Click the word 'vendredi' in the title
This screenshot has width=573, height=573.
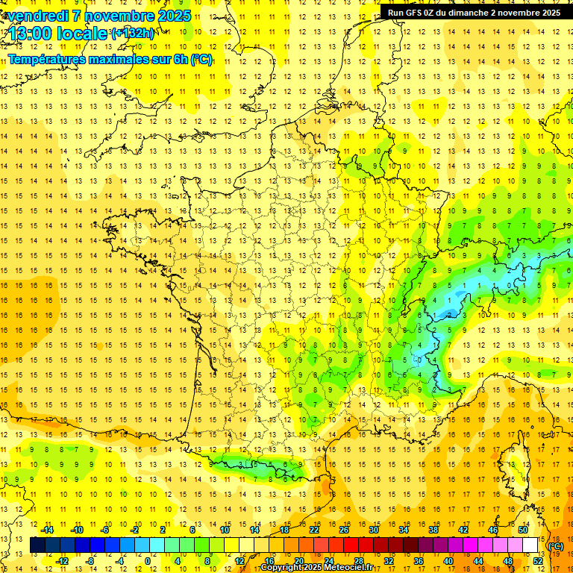[37, 16]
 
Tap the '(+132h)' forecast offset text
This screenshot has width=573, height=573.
[132, 34]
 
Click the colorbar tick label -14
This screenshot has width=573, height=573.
[47, 530]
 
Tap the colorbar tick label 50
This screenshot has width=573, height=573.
[523, 530]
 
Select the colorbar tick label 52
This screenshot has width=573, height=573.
[538, 560]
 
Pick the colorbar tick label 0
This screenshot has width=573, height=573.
[147, 560]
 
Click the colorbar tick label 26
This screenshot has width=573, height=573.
[344, 530]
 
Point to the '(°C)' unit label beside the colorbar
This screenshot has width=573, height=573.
[556, 546]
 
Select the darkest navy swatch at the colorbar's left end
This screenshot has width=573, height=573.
[38, 545]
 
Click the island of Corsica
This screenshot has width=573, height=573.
[513, 463]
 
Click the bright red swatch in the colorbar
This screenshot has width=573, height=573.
[351, 545]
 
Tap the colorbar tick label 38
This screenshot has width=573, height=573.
[433, 530]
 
